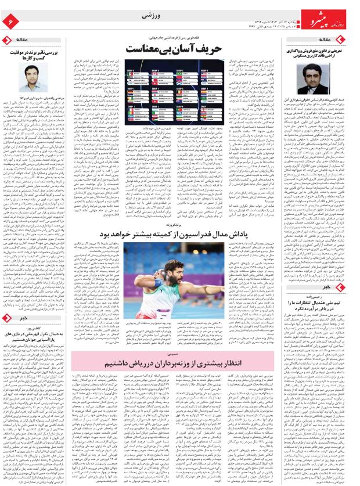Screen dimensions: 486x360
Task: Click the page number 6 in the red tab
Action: pyautogui.click(x=9, y=21)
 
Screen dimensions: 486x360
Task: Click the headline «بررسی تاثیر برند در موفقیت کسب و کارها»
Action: pyautogui.click(x=34, y=54)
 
